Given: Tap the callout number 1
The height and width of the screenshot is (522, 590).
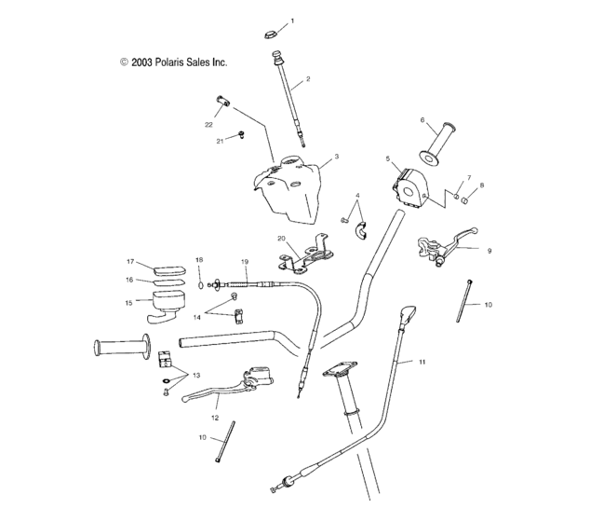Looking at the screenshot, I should tap(292, 21).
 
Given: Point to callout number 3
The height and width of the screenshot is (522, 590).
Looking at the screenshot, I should tap(336, 157).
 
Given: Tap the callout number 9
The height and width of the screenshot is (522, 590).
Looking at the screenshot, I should tap(489, 250).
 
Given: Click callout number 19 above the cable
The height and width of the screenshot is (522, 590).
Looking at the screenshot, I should tap(245, 262).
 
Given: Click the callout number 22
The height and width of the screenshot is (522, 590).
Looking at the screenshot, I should tap(209, 123).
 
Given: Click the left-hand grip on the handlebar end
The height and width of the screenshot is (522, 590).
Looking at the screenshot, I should tap(120, 349).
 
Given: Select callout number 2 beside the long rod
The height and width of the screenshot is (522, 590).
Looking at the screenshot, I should tap(308, 79).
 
